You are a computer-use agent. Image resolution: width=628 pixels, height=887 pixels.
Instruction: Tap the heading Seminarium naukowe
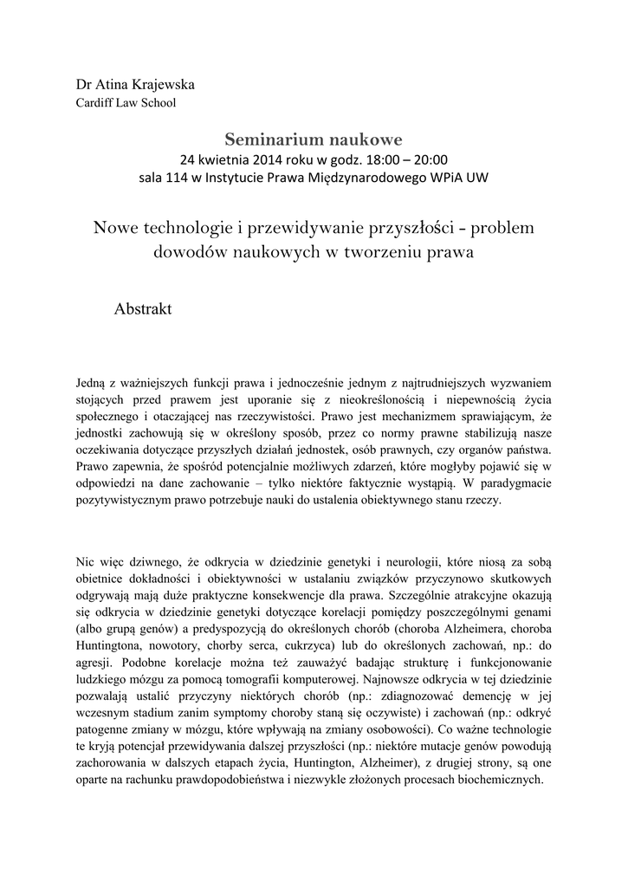coord(314,138)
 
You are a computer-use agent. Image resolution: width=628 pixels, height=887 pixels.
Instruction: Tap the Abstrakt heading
coord(144,308)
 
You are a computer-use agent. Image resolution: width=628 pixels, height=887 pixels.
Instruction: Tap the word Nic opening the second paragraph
coord(86,560)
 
